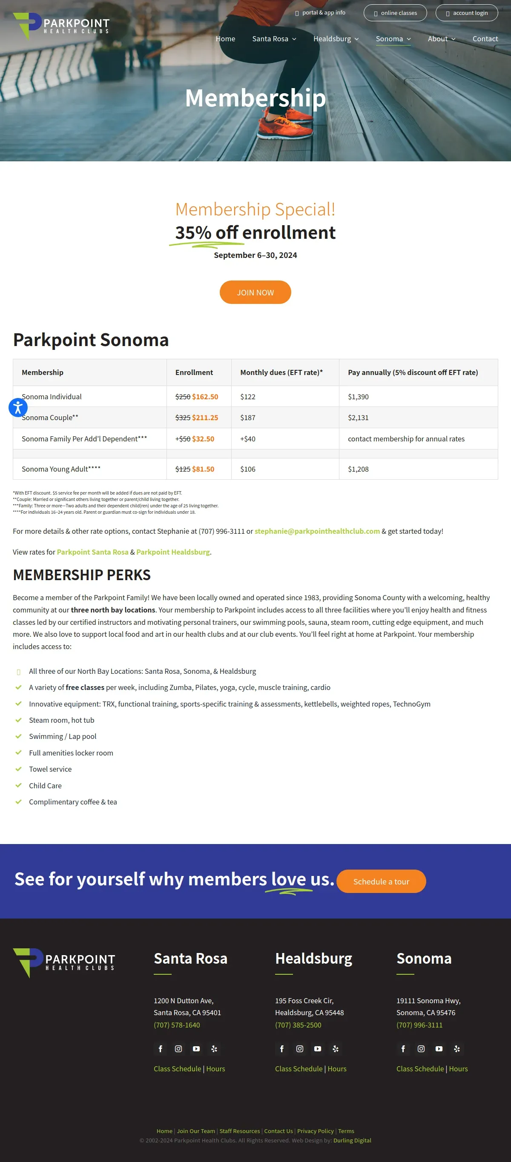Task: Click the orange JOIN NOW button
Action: point(255,292)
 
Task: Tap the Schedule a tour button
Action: point(381,881)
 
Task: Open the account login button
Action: point(466,13)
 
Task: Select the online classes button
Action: point(395,13)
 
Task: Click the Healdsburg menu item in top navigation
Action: point(336,39)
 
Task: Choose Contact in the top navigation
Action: point(485,39)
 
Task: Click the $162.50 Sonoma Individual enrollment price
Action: point(205,397)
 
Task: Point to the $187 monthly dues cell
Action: point(248,418)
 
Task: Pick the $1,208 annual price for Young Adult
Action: point(358,469)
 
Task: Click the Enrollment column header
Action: point(194,372)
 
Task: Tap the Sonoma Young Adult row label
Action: point(61,469)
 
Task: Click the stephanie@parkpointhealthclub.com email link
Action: point(317,531)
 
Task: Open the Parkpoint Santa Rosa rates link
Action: point(92,552)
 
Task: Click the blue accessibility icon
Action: point(18,407)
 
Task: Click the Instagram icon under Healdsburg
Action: point(300,1049)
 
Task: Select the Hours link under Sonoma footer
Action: point(458,1069)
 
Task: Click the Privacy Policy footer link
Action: point(315,1131)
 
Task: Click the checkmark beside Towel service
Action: point(18,769)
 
